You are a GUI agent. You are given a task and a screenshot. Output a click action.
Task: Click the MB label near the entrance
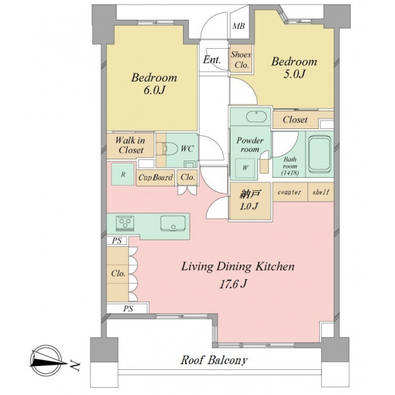point(238,26)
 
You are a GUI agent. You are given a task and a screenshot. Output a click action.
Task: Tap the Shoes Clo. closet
point(241,59)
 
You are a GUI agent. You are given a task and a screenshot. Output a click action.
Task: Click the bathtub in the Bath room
point(319,154)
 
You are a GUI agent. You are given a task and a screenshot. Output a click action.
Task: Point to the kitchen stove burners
point(125,223)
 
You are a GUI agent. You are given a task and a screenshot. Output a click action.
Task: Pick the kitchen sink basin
point(173,223)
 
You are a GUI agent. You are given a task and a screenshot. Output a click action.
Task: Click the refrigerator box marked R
point(123,174)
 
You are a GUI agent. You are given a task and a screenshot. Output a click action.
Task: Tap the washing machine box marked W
point(245,168)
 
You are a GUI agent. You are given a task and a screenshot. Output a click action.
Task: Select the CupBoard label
point(155,178)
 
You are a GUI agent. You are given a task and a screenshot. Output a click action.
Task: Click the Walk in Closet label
point(130,145)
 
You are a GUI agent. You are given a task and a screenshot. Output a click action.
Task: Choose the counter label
point(289,192)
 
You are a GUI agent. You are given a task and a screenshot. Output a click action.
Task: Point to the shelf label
point(321,192)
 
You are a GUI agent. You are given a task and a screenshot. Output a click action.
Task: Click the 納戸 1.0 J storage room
point(250,201)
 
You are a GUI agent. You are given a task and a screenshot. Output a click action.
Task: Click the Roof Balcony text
point(214,360)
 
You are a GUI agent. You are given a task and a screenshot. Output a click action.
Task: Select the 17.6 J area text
point(233,284)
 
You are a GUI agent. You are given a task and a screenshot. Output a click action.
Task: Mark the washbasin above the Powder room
point(256,117)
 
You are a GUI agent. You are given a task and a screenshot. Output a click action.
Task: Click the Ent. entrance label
point(212,60)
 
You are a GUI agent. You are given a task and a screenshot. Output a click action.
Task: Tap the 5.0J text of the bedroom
point(294,74)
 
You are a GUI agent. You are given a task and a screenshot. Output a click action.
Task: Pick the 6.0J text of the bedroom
point(154,90)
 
